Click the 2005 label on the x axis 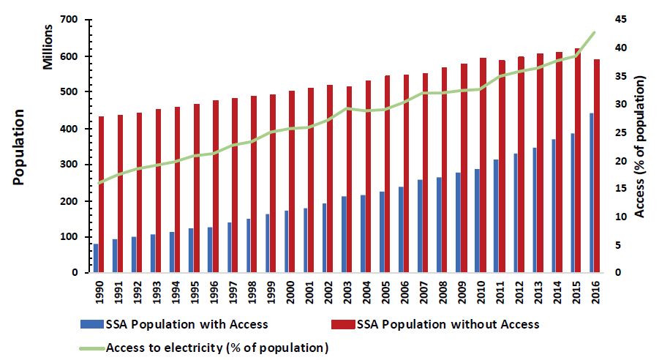(385, 291)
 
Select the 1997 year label (232, 291)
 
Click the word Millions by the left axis (48, 45)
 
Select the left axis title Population (18, 146)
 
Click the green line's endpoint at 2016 (595, 32)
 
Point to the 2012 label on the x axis (518, 291)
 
